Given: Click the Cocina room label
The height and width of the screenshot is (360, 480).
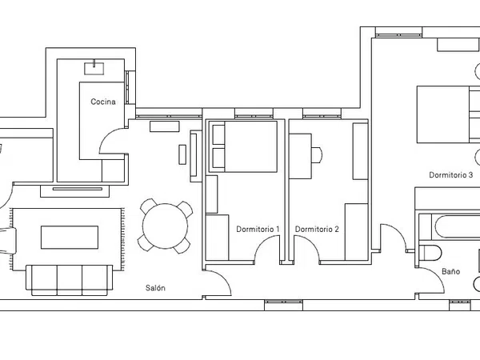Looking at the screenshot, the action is [103, 102].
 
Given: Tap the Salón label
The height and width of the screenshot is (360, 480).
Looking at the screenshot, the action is [155, 288].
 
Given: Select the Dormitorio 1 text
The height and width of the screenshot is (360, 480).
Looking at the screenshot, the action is [258, 229].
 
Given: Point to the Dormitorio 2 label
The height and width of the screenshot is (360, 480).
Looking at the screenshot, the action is [317, 229].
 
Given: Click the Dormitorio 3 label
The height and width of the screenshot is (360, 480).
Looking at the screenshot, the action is [451, 175].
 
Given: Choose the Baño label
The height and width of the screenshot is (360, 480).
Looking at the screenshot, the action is [451, 271].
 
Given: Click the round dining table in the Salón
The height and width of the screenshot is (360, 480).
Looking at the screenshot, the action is [166, 226].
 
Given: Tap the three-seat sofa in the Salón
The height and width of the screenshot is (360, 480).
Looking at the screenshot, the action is [70, 280].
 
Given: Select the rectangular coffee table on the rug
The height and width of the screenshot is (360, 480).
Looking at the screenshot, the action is [70, 238].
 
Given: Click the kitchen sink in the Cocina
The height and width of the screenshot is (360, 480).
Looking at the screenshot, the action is [94, 68].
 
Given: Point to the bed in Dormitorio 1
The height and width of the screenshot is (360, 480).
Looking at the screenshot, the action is [243, 146].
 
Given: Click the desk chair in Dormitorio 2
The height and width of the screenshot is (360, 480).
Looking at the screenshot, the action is [317, 155].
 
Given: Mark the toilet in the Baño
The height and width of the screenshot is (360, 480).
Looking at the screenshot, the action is [430, 253].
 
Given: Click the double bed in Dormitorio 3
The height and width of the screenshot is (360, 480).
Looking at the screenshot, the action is [448, 114].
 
